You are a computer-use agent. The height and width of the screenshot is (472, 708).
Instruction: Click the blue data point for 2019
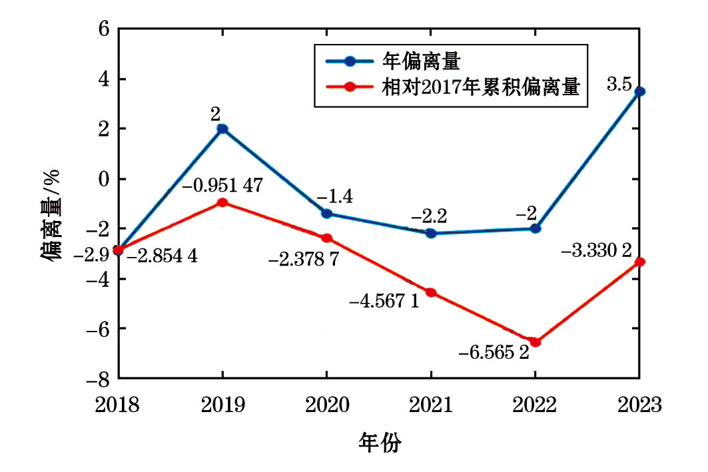[222, 129]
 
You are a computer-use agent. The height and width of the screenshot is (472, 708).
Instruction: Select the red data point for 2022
[535, 342]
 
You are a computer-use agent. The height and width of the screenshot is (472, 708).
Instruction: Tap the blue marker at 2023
[639, 92]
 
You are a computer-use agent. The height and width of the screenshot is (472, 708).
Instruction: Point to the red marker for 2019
[222, 202]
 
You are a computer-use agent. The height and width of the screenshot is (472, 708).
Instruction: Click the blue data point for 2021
[431, 233]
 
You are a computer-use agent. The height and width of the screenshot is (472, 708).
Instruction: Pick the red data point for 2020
[326, 238]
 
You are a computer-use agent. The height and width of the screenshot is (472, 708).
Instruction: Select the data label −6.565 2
[494, 352]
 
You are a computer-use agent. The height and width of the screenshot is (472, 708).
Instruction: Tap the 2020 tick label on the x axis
[326, 405]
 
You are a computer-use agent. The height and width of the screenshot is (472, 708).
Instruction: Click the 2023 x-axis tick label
[639, 405]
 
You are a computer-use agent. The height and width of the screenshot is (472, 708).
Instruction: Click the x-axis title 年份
[380, 442]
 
